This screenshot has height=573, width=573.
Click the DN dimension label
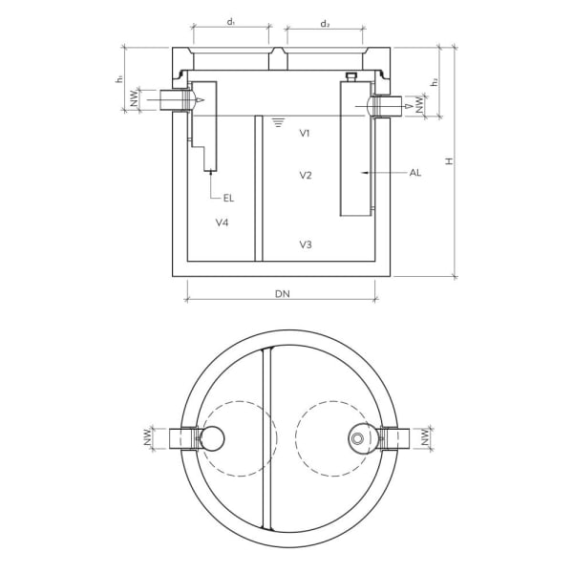point(282,294)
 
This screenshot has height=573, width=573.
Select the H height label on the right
point(448,161)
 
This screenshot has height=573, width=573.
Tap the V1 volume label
point(305,134)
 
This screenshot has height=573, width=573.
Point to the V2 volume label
point(305,176)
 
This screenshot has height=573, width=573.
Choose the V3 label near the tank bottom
point(305,245)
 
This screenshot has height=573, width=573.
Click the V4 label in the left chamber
point(222,223)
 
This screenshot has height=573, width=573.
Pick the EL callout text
point(228,198)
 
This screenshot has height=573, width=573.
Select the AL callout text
point(414,173)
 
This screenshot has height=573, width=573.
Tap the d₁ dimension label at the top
point(231,23)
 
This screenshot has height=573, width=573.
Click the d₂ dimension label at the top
point(325,23)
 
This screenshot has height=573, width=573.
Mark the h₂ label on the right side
point(435,82)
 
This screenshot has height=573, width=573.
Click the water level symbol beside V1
point(278,122)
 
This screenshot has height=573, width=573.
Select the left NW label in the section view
point(136,97)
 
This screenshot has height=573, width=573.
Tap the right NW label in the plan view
point(423,438)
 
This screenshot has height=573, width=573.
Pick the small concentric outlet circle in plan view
point(357,438)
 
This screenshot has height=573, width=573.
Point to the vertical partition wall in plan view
point(266,439)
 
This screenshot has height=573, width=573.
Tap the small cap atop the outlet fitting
point(350,75)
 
